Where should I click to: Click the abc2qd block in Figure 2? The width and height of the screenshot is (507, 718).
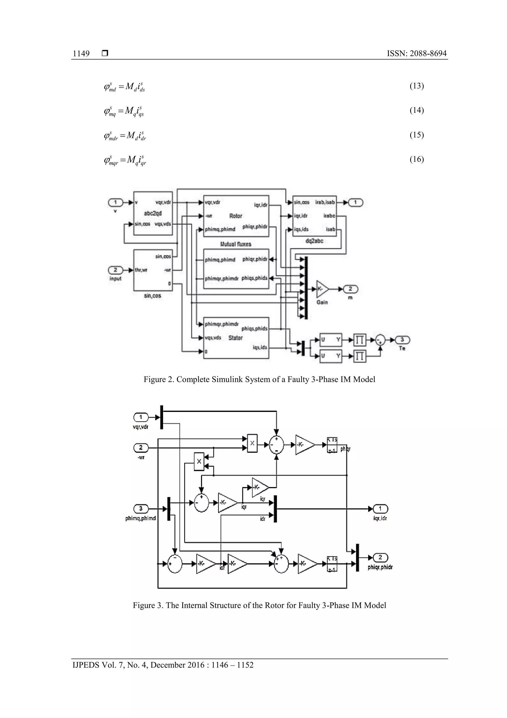153,213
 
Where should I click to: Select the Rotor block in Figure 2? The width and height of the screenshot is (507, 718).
236,216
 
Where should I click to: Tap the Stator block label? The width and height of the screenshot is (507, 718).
235,338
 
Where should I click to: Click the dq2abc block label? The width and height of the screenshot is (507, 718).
314,241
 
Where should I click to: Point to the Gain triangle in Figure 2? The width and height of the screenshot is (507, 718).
322,289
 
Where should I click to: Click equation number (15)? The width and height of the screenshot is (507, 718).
416,135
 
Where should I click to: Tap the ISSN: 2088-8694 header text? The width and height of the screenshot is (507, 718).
416,54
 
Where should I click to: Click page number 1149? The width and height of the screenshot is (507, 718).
81,54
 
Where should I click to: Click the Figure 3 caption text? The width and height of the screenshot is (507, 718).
259,605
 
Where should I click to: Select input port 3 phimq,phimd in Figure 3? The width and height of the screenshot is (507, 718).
141,509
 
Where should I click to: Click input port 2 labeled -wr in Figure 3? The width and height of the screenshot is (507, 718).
141,448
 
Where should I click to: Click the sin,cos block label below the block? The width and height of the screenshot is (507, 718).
152,295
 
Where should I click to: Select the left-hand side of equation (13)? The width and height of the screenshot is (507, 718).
110,87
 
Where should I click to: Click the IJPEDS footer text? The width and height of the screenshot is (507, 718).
163,665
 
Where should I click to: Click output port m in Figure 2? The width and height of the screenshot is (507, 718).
351,289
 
